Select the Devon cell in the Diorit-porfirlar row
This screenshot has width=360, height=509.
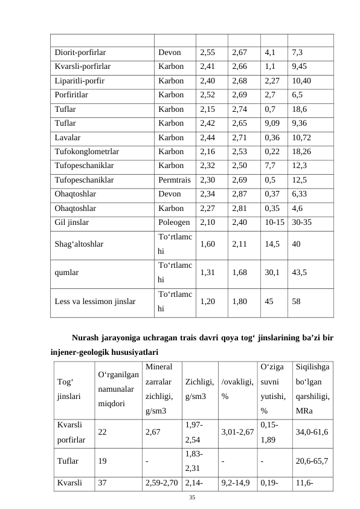tap(169, 53)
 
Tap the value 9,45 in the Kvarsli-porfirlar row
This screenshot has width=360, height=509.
tap(301, 66)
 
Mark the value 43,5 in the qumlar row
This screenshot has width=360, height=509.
tap(298, 273)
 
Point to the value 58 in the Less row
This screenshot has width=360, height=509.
tap(297, 300)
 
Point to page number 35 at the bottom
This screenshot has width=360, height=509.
tap(192, 498)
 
